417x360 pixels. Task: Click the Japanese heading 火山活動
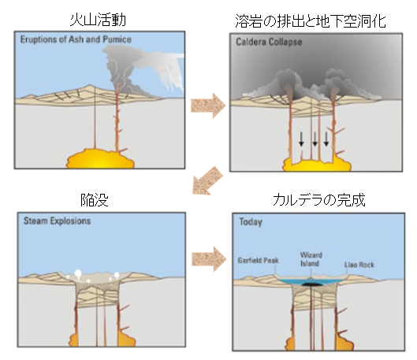click(x=98, y=20)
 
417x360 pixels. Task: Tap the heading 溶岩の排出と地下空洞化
click(x=311, y=21)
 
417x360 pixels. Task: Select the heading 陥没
click(x=95, y=200)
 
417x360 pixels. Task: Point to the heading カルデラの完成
click(x=319, y=200)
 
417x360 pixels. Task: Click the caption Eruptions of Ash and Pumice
click(x=76, y=39)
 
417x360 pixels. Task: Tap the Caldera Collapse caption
click(x=269, y=42)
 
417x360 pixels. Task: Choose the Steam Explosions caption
click(x=58, y=221)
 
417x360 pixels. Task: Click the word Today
click(x=251, y=222)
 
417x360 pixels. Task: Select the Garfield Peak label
click(x=258, y=260)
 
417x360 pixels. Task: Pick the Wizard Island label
click(x=311, y=259)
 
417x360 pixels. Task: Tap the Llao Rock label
click(x=359, y=265)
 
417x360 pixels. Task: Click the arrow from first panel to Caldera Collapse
click(x=208, y=106)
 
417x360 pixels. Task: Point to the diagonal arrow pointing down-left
click(x=207, y=180)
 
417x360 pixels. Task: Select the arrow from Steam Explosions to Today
click(x=209, y=259)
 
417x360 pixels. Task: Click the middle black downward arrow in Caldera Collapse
click(x=315, y=139)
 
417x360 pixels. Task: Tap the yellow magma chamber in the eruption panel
click(x=100, y=158)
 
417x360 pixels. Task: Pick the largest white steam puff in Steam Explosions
click(x=78, y=273)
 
